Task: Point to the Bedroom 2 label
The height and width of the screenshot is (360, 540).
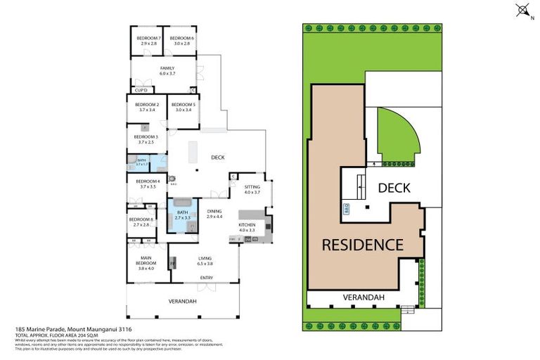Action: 146,107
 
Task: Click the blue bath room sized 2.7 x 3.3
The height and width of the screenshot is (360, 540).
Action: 183,215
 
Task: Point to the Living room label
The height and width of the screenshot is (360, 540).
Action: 205,261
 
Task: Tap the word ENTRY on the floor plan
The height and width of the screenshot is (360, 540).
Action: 206,278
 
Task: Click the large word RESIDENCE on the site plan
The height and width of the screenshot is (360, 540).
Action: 362,245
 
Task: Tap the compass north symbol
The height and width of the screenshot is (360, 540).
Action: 522,10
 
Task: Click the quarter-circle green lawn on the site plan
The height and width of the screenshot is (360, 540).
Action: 395,137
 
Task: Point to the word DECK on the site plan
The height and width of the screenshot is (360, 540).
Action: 394,188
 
